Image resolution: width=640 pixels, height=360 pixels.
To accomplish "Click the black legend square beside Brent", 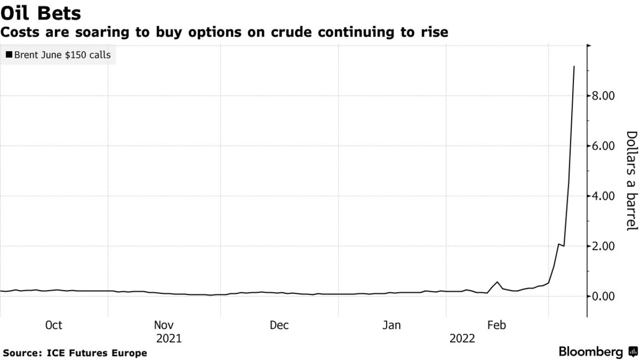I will coord(9,55).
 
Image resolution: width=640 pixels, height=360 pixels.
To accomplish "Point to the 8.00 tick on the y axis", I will coord(603,96).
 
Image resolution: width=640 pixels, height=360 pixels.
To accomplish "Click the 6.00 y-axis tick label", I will coord(603,146).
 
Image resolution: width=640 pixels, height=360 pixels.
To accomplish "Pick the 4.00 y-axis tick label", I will coord(603,196).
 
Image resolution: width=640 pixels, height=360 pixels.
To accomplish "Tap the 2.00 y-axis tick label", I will coord(603,246).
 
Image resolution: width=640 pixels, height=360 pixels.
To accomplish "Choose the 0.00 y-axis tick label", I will coord(603,296).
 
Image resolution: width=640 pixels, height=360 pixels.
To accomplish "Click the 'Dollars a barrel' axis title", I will coord(631,181).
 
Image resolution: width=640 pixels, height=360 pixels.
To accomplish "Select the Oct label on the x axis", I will coord(53,326).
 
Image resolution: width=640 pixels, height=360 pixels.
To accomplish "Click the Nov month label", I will coord(164,326).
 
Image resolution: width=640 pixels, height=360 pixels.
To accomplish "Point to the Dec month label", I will coord(279,326).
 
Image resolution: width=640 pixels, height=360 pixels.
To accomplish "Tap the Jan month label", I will coord(392,326).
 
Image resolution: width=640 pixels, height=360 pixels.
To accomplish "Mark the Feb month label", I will coord(496,326).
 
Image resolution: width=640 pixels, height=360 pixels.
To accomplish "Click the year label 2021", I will coord(168,338).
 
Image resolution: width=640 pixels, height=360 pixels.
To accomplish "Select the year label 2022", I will coord(462,338).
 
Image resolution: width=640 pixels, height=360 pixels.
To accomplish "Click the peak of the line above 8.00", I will coord(574,67).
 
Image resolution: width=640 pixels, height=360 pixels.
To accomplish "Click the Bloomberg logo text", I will coord(591,352).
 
